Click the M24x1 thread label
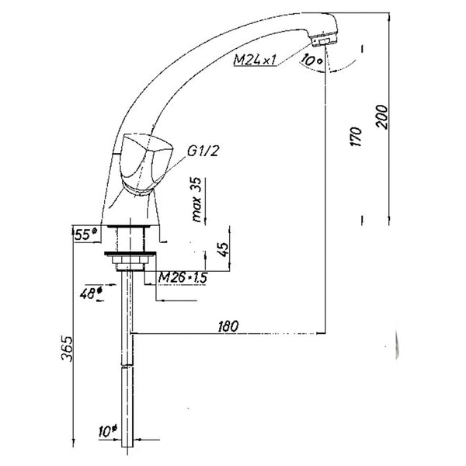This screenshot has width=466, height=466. tap(255, 60)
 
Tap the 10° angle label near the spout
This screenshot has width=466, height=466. tap(311, 61)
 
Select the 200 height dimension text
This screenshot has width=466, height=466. tap(382, 116)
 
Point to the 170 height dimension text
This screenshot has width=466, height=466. tap(356, 137)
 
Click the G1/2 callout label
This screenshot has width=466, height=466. tap(203, 151)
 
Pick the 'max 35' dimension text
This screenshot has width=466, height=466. tap(196, 200)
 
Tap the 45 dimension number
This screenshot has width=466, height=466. tap(224, 249)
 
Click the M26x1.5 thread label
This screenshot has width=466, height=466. tap(183, 278)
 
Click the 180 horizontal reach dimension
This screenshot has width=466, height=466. tap(228, 326)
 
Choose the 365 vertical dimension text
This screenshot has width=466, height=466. tap(67, 348)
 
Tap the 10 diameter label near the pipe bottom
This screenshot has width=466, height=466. tap(108, 431)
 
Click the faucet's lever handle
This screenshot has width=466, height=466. tap(146, 163)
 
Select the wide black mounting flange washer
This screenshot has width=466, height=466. tap(130, 253)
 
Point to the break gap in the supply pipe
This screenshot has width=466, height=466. tap(127, 366)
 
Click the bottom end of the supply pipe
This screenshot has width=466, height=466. tap(127, 447)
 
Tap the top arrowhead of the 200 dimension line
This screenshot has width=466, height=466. tap(389, 16)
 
